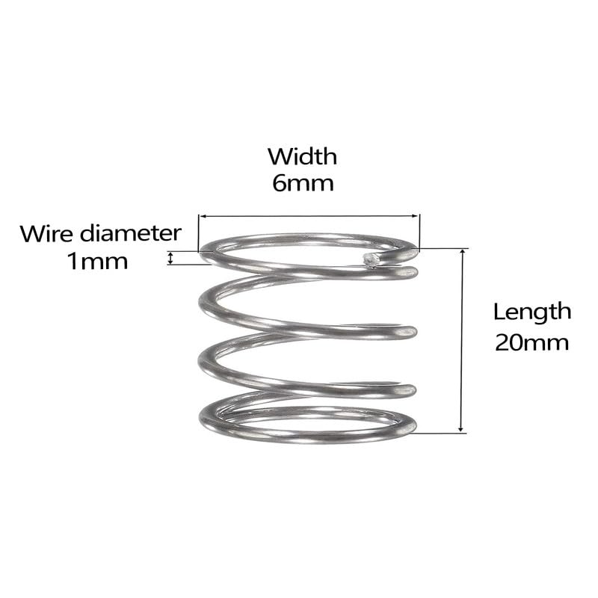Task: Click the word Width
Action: tap(303, 156)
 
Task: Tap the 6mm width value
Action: tap(303, 183)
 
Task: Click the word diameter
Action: tap(130, 233)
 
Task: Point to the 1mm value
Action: tap(97, 262)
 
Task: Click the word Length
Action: tap(532, 312)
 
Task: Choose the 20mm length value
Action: tap(532, 343)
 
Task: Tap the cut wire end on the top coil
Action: tap(370, 260)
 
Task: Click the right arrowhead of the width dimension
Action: tap(415, 216)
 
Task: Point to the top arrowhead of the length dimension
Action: tap(462, 253)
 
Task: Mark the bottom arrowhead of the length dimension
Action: tap(461, 428)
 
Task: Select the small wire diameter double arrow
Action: tap(171, 258)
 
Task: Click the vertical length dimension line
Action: tap(462, 341)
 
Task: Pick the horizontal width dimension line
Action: tap(309, 216)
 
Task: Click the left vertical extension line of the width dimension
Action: tap(199, 233)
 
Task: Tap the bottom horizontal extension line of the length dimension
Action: tap(440, 434)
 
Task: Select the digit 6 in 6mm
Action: tap(278, 183)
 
